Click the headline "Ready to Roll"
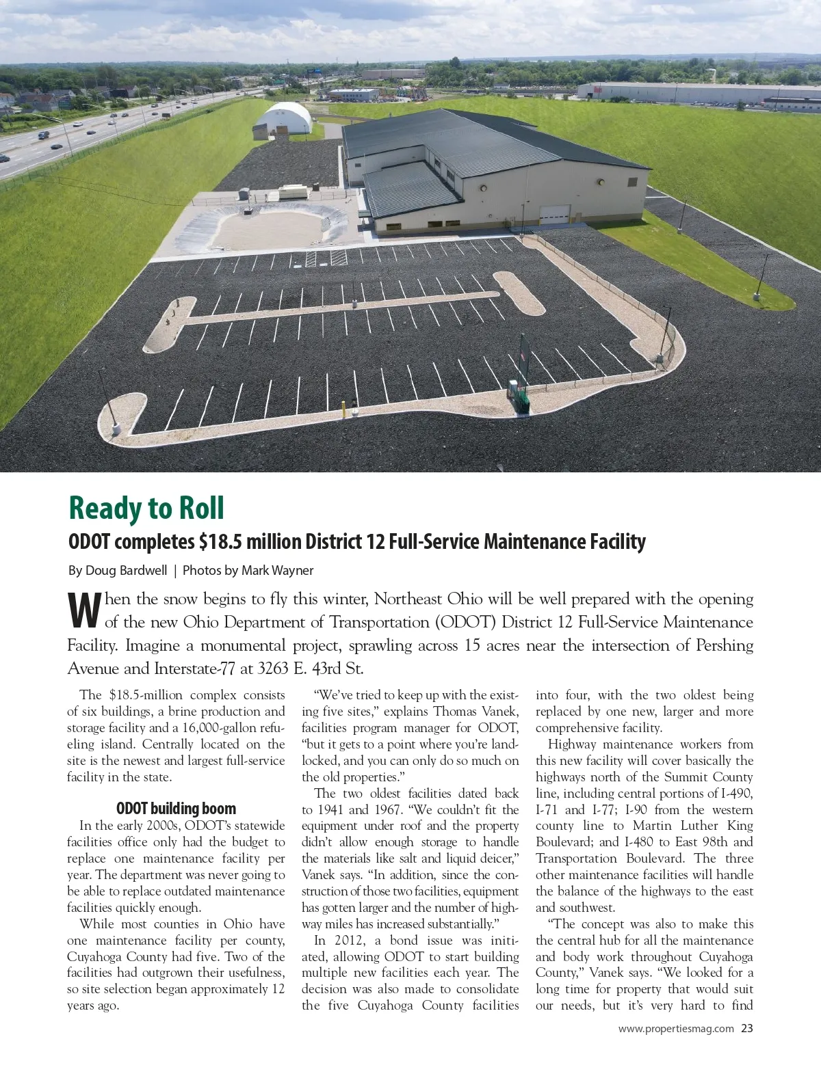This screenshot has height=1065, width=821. (146, 508)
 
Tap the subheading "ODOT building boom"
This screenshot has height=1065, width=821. (176, 809)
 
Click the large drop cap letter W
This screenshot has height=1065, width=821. (85, 610)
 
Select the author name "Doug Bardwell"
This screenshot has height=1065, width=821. (126, 570)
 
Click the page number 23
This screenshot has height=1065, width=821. (746, 1028)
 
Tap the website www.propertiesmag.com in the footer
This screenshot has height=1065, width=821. (676, 1028)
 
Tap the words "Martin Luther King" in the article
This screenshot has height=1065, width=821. (692, 826)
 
